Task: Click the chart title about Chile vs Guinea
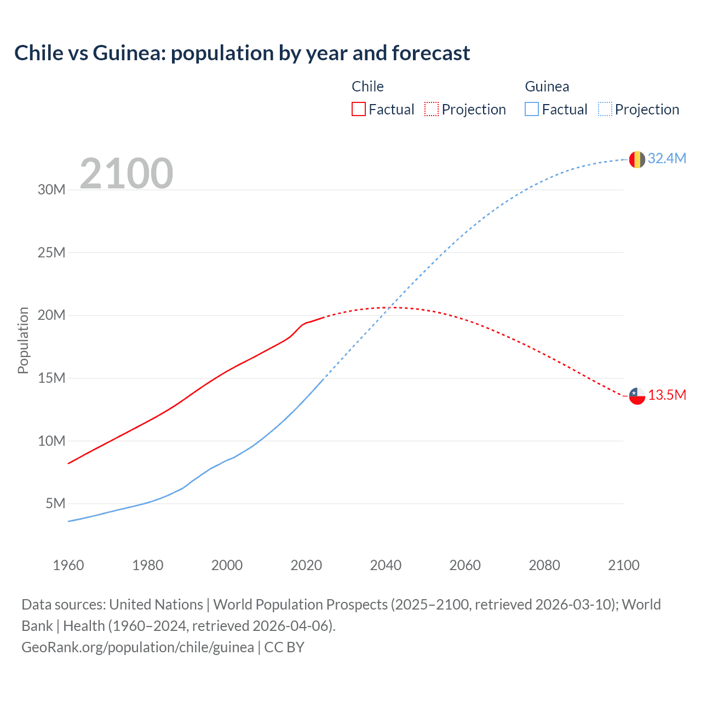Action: (242, 53)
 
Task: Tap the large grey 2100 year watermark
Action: (127, 174)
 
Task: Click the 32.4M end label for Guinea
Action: (666, 158)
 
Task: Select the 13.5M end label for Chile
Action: (666, 395)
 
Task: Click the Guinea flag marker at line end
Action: (637, 159)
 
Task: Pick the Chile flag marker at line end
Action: (637, 395)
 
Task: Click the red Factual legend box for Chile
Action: (359, 109)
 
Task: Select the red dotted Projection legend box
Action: (432, 109)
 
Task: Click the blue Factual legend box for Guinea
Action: (532, 109)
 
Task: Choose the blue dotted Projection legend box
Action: (605, 109)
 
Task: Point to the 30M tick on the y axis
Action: (51, 189)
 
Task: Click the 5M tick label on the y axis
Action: (55, 503)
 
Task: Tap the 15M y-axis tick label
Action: (51, 378)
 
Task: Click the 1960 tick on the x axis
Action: (68, 565)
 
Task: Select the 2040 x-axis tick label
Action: (386, 565)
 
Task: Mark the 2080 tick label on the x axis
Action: (544, 565)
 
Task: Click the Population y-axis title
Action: (23, 340)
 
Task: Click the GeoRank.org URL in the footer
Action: (137, 647)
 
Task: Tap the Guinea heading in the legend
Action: (547, 87)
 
